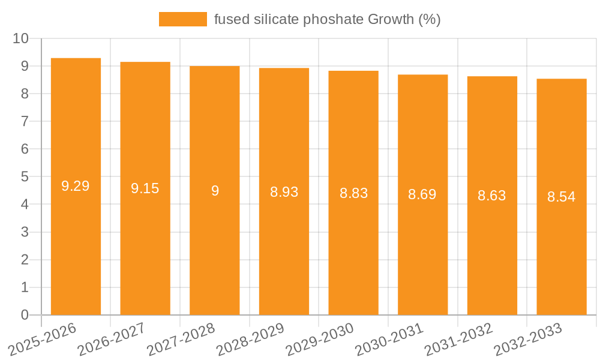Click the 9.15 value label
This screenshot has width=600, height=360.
coord(145,188)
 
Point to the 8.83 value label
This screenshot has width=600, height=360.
coord(353,193)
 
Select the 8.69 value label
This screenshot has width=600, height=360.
coord(422,194)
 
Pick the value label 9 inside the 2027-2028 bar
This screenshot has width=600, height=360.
coord(215,191)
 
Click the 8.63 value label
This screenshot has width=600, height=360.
coord(492,196)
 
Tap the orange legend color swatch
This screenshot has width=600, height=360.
coord(182,19)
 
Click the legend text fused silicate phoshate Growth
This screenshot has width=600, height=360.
coord(327,19)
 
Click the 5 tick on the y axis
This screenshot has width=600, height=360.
coord(25,177)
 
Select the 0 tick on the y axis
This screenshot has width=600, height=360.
coord(25,315)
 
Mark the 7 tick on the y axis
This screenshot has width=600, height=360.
coord(25,121)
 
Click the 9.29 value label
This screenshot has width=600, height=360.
coord(76,186)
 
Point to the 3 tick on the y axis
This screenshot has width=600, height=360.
coord(25,232)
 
